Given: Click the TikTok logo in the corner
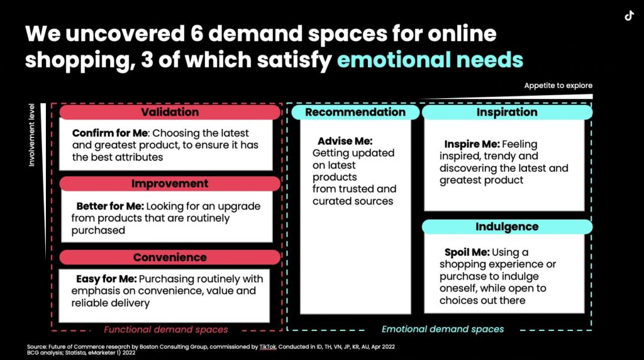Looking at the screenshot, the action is (x=629, y=16).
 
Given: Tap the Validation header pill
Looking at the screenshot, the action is (x=170, y=112).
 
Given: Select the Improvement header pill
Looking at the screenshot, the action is (x=170, y=184).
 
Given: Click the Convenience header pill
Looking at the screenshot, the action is (x=170, y=257).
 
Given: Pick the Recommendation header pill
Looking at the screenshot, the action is (x=355, y=112).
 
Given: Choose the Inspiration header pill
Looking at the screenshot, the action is (x=508, y=112).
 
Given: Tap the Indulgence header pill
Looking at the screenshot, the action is (x=508, y=227).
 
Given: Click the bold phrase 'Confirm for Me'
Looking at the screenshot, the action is (x=109, y=133).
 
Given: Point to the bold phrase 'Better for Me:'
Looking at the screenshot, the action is (x=110, y=206).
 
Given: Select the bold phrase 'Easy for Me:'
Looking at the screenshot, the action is (x=106, y=279).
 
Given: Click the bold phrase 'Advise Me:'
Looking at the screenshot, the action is (x=345, y=141).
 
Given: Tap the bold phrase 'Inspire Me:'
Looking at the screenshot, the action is (x=472, y=144).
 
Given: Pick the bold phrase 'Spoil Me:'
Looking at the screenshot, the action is (x=467, y=252).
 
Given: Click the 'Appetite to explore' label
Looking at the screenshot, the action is (x=558, y=86).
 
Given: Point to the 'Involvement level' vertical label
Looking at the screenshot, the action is (x=31, y=135).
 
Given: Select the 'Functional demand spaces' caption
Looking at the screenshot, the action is (x=165, y=330).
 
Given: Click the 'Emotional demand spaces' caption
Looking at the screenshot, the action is (x=443, y=329).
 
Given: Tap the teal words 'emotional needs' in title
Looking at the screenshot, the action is (x=430, y=60).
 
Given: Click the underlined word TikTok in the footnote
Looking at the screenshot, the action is (x=268, y=347).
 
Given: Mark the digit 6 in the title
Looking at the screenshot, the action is (x=197, y=33).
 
